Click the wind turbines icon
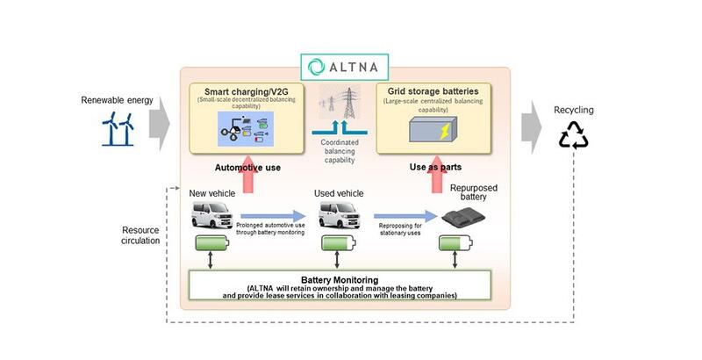(x=117, y=129)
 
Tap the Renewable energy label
(x=117, y=100)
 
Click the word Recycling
(x=573, y=110)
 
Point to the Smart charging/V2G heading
(x=246, y=92)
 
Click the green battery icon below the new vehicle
(x=211, y=243)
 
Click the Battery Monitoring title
(x=340, y=278)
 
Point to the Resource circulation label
(x=140, y=233)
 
